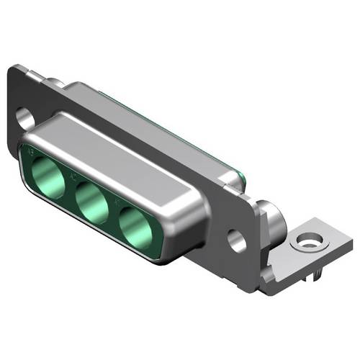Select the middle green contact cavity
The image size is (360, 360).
click(x=91, y=201)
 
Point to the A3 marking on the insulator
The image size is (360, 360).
click(x=29, y=153)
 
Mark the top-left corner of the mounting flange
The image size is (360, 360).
click(x=13, y=68)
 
